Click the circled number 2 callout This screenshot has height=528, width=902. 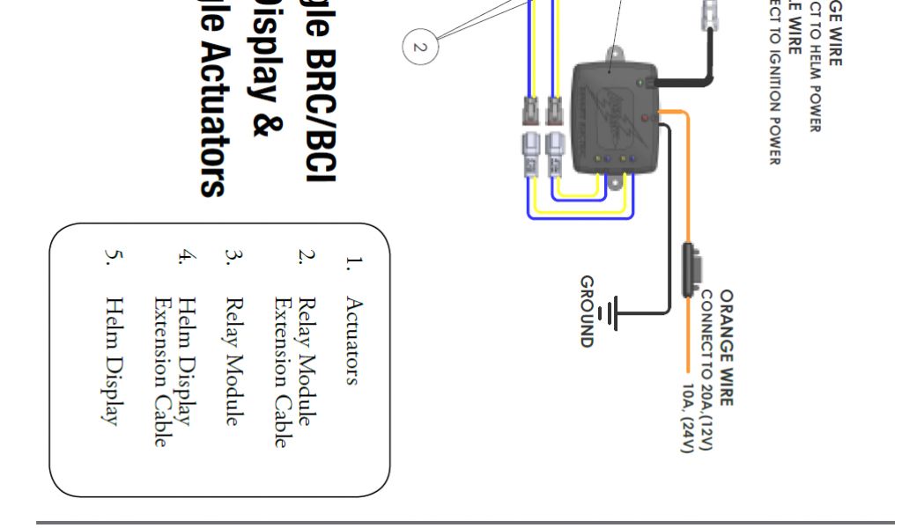[419, 46]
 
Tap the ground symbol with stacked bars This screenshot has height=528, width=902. [609, 312]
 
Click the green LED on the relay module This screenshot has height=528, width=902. [639, 83]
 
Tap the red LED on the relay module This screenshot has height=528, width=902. [647, 117]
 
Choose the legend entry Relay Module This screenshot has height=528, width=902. [232, 362]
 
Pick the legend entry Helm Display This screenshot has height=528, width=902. [113, 361]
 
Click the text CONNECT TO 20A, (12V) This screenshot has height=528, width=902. [707, 370]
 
